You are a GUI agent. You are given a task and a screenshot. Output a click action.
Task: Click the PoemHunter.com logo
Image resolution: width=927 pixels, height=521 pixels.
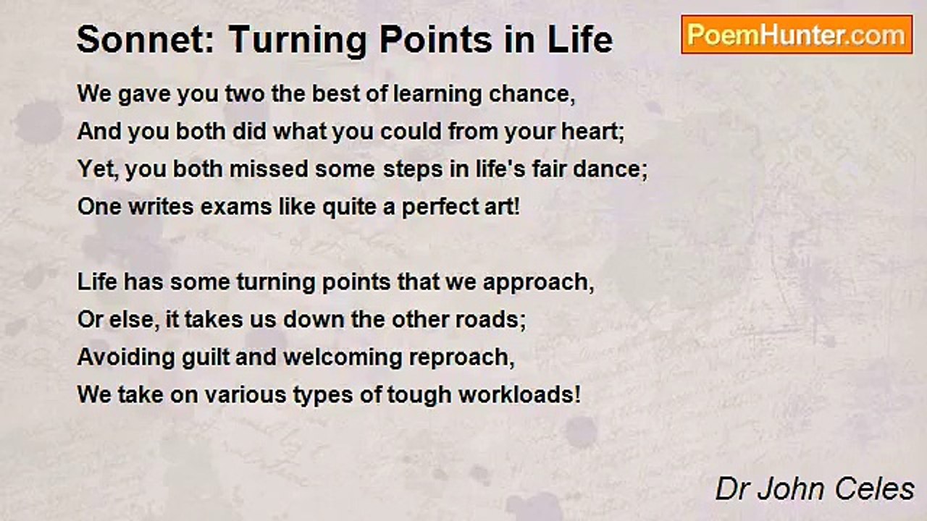pyautogui.click(x=797, y=34)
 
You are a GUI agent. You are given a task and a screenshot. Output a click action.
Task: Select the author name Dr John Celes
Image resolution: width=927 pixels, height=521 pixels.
pyautogui.click(x=815, y=489)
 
